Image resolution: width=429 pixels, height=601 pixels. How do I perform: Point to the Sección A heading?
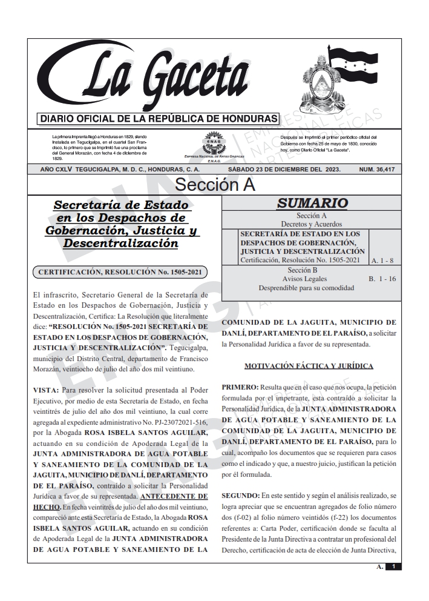[x=215, y=185]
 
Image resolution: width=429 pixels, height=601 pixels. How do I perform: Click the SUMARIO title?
[x=312, y=204]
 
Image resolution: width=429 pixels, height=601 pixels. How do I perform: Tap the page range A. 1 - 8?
[x=384, y=261]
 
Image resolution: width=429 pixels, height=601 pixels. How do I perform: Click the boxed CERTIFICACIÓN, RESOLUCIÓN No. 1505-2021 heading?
[x=119, y=273]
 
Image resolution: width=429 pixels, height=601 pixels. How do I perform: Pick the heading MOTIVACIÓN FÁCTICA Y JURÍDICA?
[x=308, y=366]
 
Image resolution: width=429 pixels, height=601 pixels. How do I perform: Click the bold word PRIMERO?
[x=240, y=387]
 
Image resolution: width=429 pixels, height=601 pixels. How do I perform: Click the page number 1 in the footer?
[x=393, y=567]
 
